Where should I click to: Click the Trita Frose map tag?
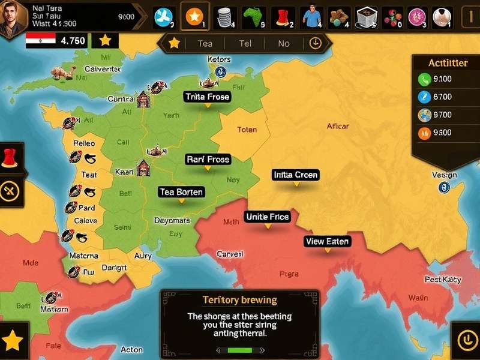click(x=208, y=97)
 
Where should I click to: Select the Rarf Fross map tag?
click(x=208, y=160)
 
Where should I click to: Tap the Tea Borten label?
click(x=181, y=192)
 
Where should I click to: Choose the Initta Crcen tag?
click(x=295, y=175)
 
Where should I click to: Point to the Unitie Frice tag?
click(x=267, y=217)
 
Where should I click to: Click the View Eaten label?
click(x=327, y=241)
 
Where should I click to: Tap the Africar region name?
click(x=338, y=126)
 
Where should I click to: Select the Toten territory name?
click(x=247, y=130)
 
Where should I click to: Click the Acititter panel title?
click(x=448, y=63)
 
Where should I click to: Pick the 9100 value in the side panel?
click(x=443, y=79)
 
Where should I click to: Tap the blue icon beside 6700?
click(x=424, y=97)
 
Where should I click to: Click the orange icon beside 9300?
click(x=424, y=133)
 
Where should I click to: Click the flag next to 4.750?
click(x=41, y=41)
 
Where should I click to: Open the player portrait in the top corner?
click(x=13, y=16)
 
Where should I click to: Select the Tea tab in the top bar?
click(x=205, y=43)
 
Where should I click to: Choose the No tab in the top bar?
click(x=283, y=43)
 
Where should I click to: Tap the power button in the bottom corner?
click(x=465, y=341)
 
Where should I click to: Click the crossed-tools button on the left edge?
click(x=10, y=191)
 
